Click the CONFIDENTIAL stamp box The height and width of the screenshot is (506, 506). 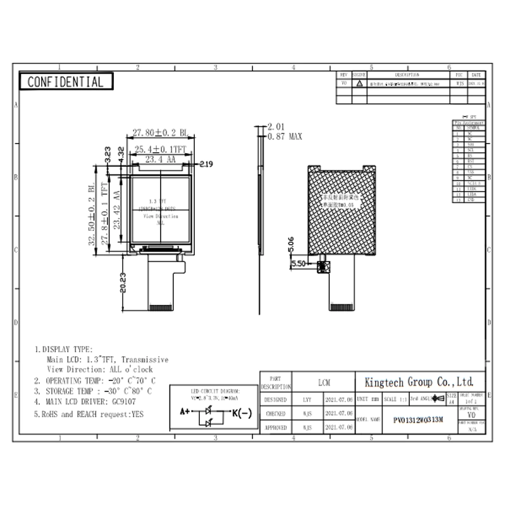tap(66, 82)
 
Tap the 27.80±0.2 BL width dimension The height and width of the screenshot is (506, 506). tap(159, 133)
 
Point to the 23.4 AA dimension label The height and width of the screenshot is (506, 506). tap(160, 161)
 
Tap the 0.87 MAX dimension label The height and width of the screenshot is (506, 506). tap(285, 137)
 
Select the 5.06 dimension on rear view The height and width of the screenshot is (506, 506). tap(290, 240)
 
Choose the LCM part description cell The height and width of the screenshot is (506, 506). tap(323, 383)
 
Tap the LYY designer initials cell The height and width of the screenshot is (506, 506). tap(307, 400)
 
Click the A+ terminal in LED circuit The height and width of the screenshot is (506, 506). tap(185, 411)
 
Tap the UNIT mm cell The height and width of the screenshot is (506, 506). tap(367, 400)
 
